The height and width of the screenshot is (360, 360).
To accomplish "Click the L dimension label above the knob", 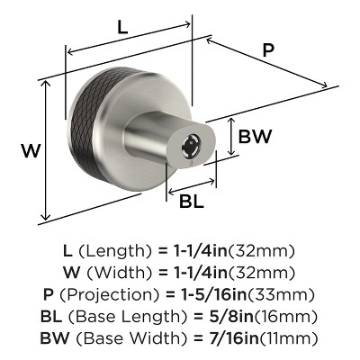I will (x=122, y=28).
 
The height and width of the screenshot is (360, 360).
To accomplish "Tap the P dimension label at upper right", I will (x=268, y=51).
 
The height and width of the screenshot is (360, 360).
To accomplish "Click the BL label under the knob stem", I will (x=191, y=202).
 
